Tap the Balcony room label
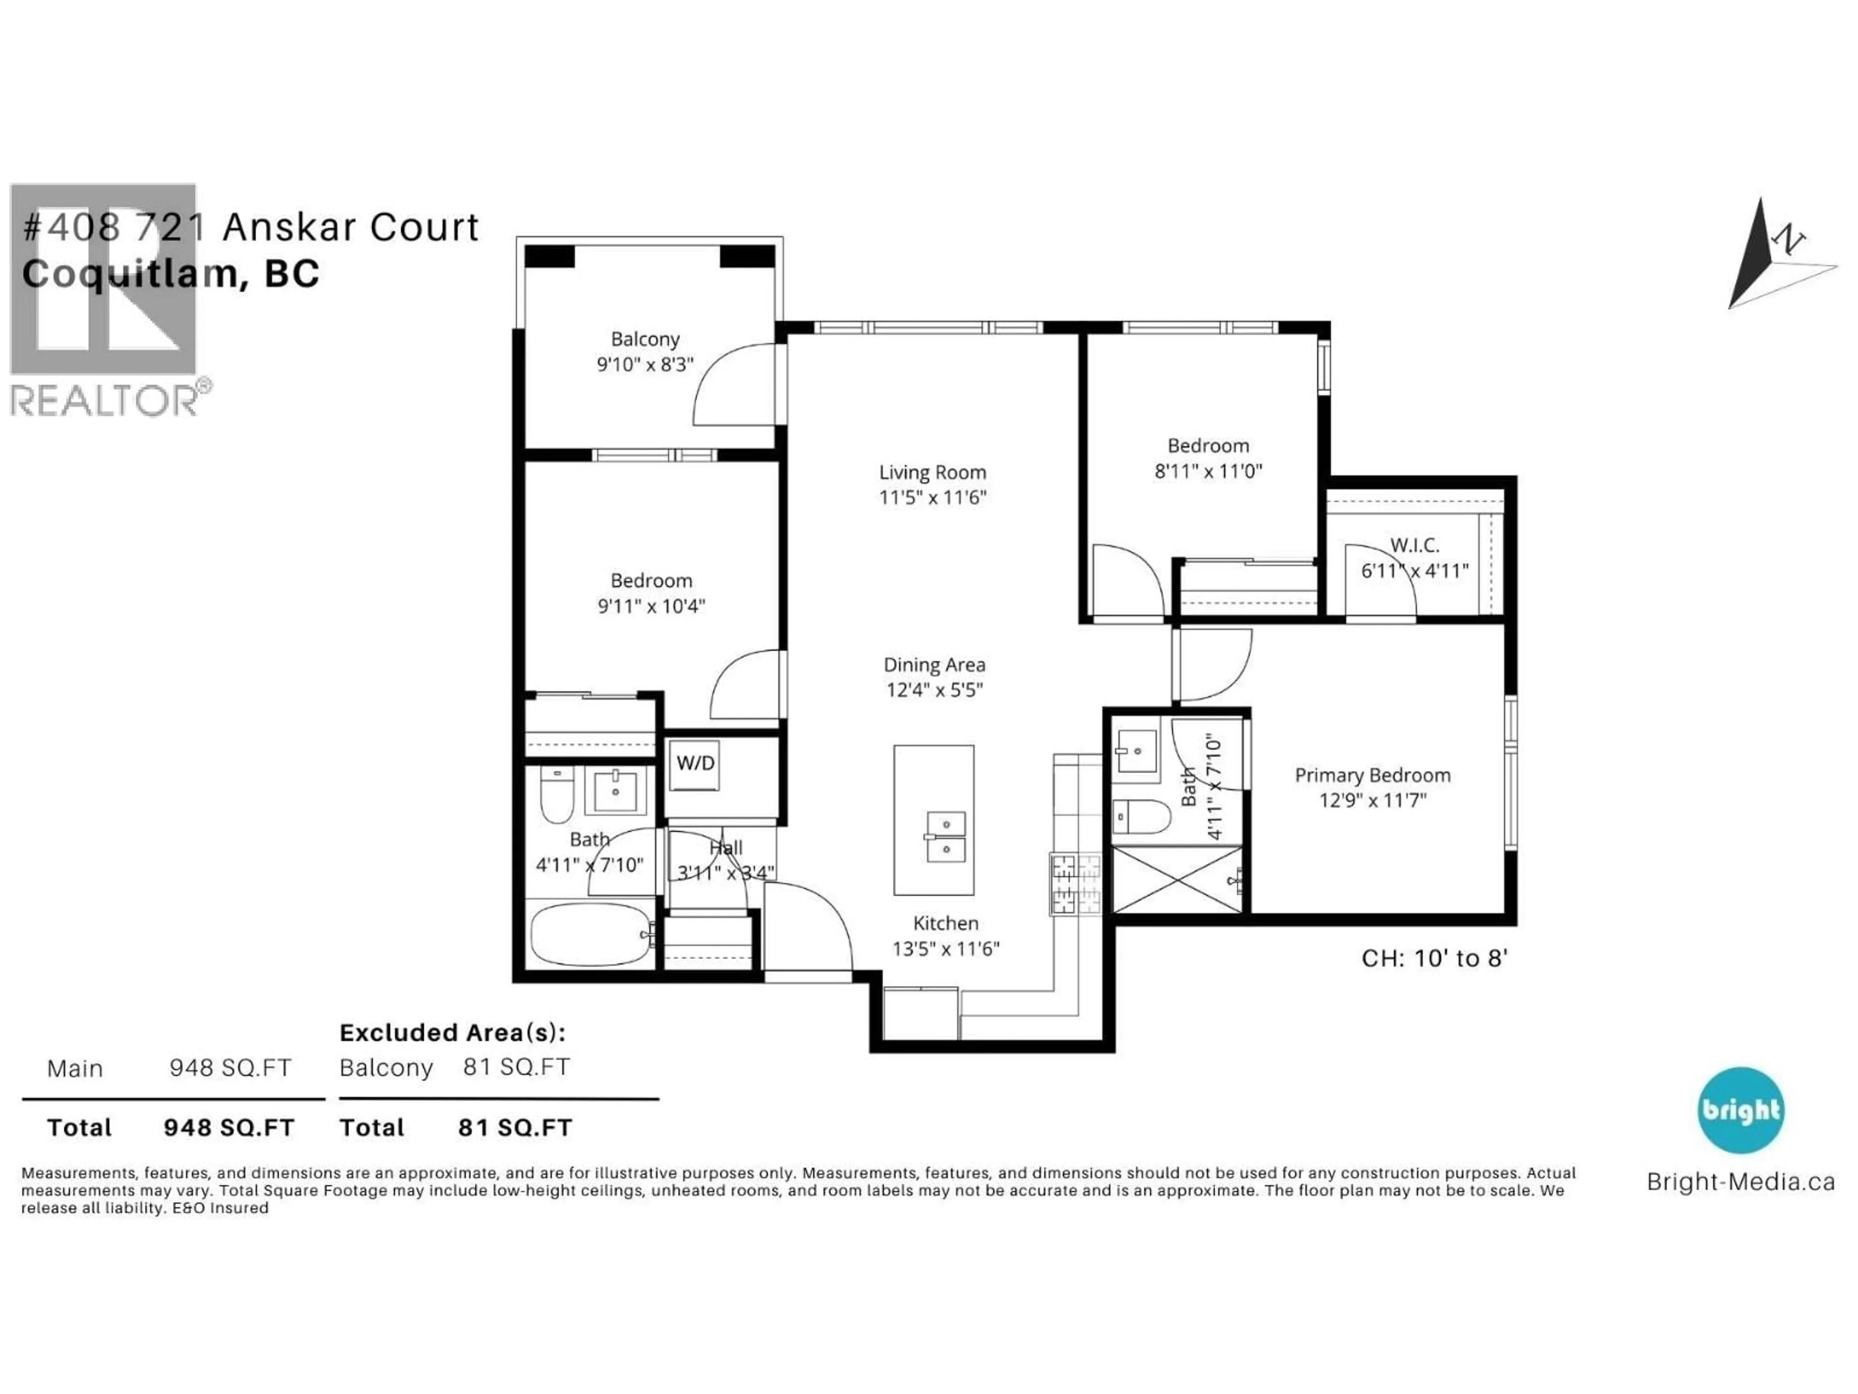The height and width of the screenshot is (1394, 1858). click(x=645, y=339)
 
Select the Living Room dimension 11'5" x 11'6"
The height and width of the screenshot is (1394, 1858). click(x=932, y=498)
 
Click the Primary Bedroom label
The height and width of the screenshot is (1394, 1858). click(x=1373, y=775)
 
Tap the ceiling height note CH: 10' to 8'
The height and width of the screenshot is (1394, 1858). click(x=1435, y=959)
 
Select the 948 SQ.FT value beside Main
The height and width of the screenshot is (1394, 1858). click(x=230, y=1068)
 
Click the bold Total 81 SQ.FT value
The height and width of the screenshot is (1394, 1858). click(x=515, y=1128)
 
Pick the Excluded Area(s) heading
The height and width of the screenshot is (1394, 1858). click(x=452, y=1033)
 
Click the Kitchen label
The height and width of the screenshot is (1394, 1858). click(x=946, y=924)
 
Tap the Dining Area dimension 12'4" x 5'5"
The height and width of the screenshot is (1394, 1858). click(x=934, y=691)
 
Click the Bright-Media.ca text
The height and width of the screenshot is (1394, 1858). click(x=1740, y=1182)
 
